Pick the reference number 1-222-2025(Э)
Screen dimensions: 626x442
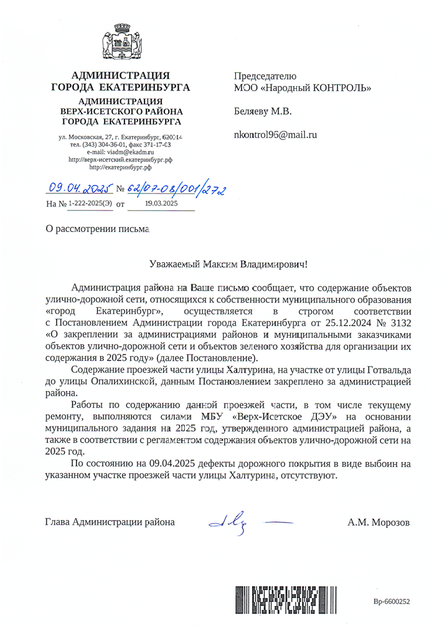[x=90, y=203]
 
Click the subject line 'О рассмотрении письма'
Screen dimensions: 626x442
[x=98, y=229]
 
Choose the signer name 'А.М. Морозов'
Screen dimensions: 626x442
[x=379, y=522]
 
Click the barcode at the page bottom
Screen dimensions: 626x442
[x=286, y=600]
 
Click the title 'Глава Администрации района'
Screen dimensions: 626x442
[x=110, y=522]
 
